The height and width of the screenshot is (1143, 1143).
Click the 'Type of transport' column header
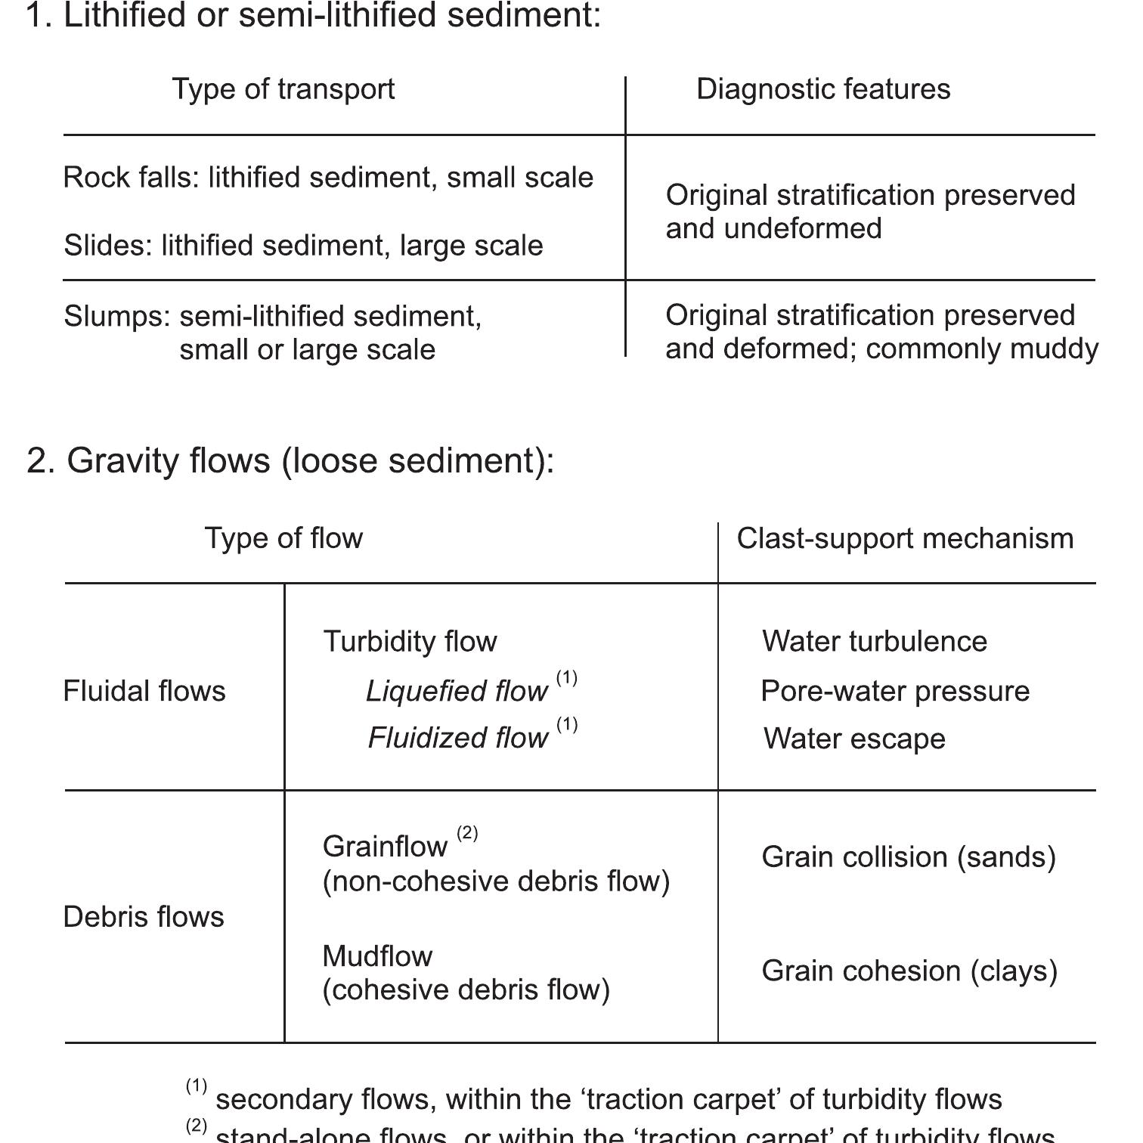pos(283,89)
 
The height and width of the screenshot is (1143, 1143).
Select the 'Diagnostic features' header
pos(823,89)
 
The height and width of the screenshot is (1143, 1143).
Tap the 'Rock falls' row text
pos(328,178)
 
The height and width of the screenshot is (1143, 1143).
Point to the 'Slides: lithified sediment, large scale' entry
pos(303,246)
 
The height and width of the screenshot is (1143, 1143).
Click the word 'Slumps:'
pos(117,316)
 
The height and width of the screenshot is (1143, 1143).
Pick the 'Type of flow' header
pos(283,538)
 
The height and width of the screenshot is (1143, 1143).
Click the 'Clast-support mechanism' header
pos(905,539)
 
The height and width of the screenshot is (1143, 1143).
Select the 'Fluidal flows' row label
pos(144,691)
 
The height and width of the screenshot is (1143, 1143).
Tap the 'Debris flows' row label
pos(144,917)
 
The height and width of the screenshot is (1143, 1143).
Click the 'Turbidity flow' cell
pos(410,642)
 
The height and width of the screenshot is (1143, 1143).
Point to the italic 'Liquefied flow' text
pos(457,691)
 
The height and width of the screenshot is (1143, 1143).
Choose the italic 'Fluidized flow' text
pos(457,738)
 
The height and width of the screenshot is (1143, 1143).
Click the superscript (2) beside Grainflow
pos(467,833)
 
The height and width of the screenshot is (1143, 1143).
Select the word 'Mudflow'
pos(377,956)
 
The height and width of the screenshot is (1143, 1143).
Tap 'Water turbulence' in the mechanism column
pos(875,642)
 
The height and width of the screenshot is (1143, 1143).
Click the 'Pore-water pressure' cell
pos(895,691)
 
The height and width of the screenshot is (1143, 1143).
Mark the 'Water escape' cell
pos(854,739)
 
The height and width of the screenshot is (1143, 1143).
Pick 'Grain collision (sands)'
pos(909,857)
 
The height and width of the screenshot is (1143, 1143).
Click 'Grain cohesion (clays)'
pos(909,971)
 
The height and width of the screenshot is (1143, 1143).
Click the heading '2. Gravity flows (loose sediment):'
pos(290,460)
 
